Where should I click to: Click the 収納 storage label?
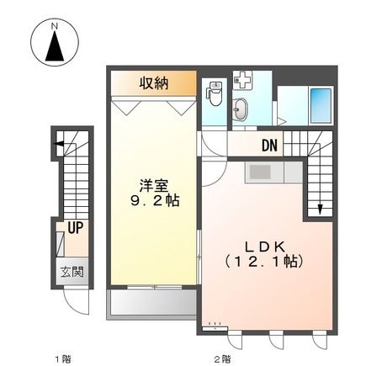155,82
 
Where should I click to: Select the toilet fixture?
214,93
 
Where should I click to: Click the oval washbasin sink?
241,109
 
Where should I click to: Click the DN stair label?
268,146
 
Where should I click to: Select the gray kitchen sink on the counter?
258,172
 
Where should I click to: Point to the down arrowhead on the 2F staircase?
321,210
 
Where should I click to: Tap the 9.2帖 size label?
153,202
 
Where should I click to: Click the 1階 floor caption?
63,359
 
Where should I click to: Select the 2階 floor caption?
222,359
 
